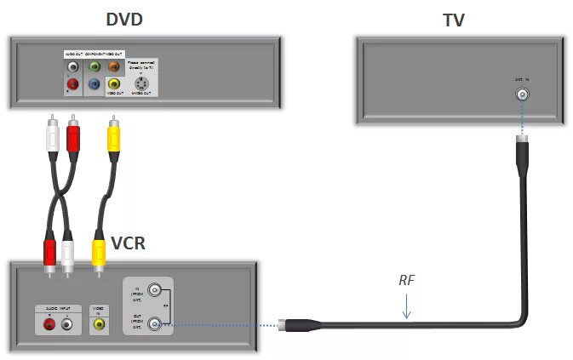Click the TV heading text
coord(454,19)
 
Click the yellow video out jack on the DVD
coord(113,84)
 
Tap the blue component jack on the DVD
coord(94,84)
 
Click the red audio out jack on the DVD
coord(73,84)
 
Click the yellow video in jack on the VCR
coord(99,323)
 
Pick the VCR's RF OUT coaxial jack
coord(155,323)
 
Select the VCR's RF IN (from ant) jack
coord(155,289)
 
